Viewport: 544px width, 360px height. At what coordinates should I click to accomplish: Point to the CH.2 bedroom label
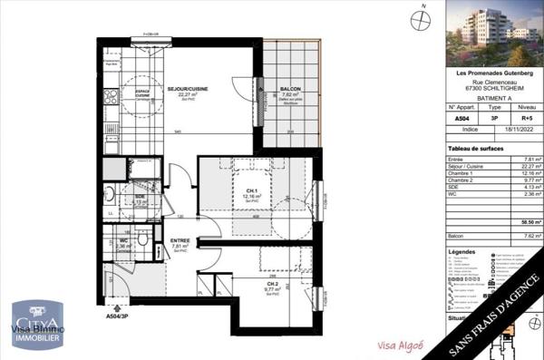coord(247,285)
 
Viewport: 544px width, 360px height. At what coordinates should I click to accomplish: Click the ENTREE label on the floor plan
coord(180,241)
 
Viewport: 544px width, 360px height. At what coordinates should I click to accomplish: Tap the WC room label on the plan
coord(122,240)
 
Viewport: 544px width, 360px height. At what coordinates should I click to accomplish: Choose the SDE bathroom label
coord(140,197)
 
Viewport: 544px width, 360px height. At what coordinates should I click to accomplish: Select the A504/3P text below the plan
coord(119,317)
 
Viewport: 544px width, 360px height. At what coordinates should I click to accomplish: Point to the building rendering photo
coord(491,34)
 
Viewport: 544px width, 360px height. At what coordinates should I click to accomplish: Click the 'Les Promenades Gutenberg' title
coord(491,73)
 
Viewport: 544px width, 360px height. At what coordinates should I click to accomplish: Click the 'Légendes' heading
coord(461,251)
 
